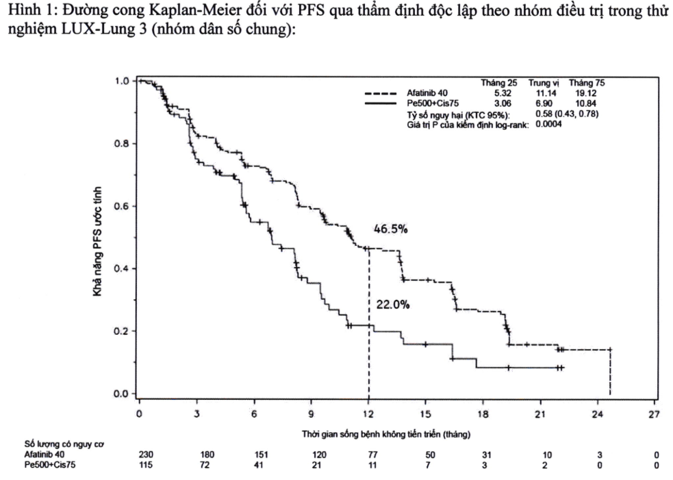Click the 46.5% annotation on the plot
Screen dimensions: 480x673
(x=390, y=229)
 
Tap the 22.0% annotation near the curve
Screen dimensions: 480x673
(x=392, y=304)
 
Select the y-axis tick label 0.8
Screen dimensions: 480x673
(x=122, y=144)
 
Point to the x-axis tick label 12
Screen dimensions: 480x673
(x=368, y=414)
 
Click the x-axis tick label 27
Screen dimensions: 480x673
(x=655, y=414)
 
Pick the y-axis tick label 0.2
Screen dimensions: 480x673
(x=122, y=331)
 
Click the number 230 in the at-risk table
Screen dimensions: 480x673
(x=139, y=456)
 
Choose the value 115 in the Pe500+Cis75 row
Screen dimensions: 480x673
(x=139, y=466)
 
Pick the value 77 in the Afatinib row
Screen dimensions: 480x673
(x=368, y=456)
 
